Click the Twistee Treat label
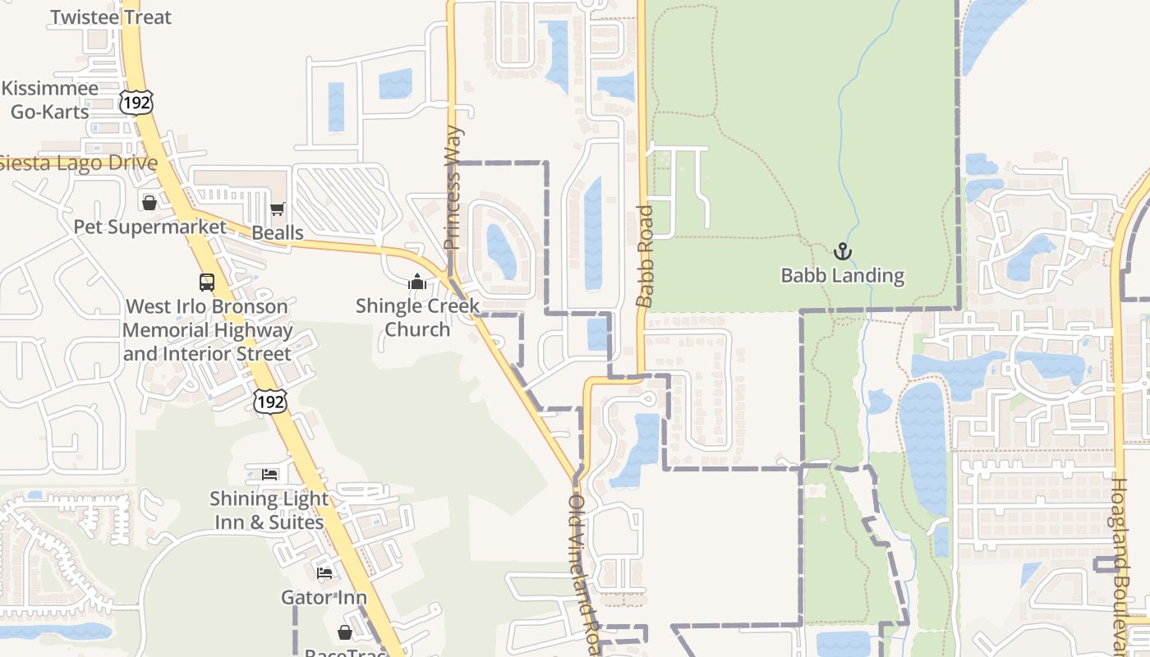coord(111,17)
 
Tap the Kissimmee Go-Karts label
coord(49,99)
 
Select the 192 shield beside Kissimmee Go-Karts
coord(136,102)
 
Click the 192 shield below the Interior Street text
coord(270,402)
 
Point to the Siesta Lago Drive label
coord(78,163)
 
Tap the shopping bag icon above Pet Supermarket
coord(149,202)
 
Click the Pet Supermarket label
coord(149,227)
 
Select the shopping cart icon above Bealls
coord(277,209)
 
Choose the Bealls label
coord(278,232)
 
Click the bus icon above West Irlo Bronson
coord(207,283)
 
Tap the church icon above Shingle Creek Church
coord(417,283)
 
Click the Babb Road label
coord(646,256)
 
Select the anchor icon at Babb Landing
coord(842,251)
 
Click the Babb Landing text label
coord(842,276)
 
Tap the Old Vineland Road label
coord(584,575)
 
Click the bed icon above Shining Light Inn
coord(269,474)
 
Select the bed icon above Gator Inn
coord(324,572)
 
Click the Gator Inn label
coord(324,597)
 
